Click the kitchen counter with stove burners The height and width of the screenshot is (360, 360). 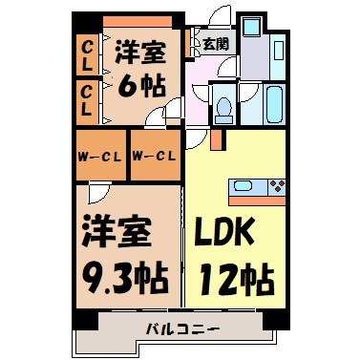coord(257,186)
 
